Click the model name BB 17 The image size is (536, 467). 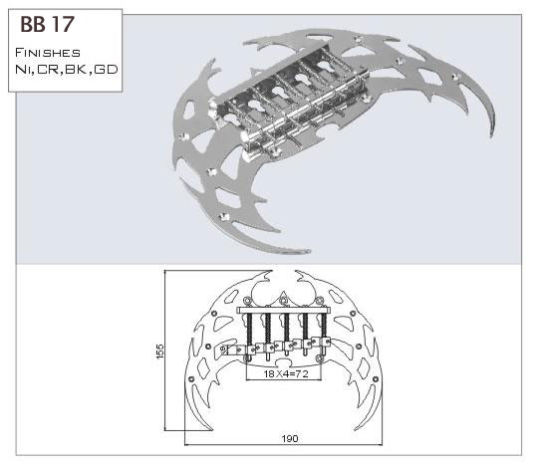(x=47, y=24)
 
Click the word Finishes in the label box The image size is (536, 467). (x=48, y=53)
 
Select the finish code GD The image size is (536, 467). (x=106, y=70)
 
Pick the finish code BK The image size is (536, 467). (x=77, y=70)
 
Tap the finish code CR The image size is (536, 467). (x=49, y=70)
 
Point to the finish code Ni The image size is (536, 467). (x=23, y=70)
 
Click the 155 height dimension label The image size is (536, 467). (x=159, y=351)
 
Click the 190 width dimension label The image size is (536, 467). (x=290, y=438)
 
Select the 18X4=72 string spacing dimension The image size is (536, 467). (x=286, y=373)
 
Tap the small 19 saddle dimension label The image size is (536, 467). (x=223, y=350)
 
